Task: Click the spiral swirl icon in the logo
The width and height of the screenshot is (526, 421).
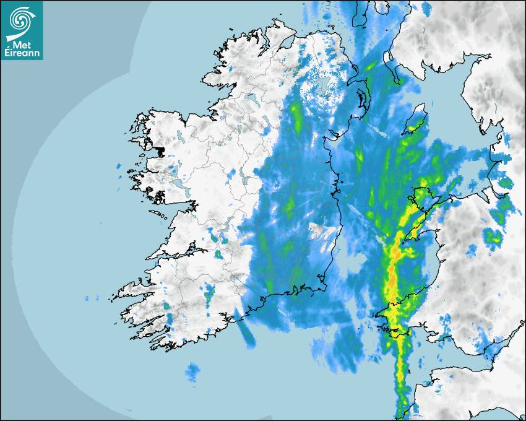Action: tap(21, 20)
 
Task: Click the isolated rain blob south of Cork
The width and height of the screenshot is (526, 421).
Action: tap(193, 371)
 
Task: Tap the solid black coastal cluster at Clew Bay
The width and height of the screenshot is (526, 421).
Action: tap(160, 151)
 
